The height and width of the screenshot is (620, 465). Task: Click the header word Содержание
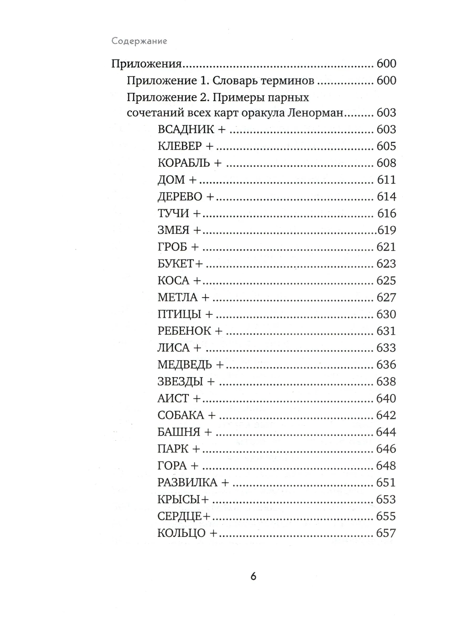point(139,41)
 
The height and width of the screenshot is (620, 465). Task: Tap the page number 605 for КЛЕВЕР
point(386,146)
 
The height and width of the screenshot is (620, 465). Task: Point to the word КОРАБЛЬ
point(184,163)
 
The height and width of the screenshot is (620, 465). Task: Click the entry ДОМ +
point(177,180)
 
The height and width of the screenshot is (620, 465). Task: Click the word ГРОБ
point(172,247)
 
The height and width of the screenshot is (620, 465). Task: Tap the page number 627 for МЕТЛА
point(386,297)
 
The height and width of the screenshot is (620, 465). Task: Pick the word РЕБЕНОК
point(184,331)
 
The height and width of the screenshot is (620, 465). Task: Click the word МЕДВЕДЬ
point(185,365)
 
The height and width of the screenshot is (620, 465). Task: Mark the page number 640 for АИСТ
point(386,398)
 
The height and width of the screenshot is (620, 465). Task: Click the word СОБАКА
point(181,415)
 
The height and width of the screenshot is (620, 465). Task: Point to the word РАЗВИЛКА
point(187,482)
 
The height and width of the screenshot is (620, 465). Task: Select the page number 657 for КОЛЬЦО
point(386,533)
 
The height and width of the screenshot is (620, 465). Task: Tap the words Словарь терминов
point(263,81)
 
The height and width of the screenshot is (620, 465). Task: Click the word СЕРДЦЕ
point(179,516)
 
